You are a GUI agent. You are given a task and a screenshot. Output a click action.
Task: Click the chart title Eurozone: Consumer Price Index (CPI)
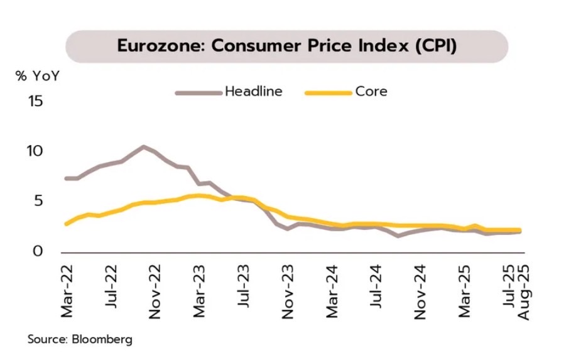click(286, 46)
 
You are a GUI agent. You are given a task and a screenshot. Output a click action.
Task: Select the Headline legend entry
click(253, 92)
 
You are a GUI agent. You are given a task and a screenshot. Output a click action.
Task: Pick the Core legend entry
click(371, 92)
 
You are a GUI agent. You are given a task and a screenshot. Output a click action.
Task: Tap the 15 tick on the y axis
click(36, 101)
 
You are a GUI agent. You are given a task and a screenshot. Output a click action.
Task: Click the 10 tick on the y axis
click(36, 151)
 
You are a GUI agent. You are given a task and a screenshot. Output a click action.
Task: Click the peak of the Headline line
click(143, 146)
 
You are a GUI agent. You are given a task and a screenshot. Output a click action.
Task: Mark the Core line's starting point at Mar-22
click(67, 224)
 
